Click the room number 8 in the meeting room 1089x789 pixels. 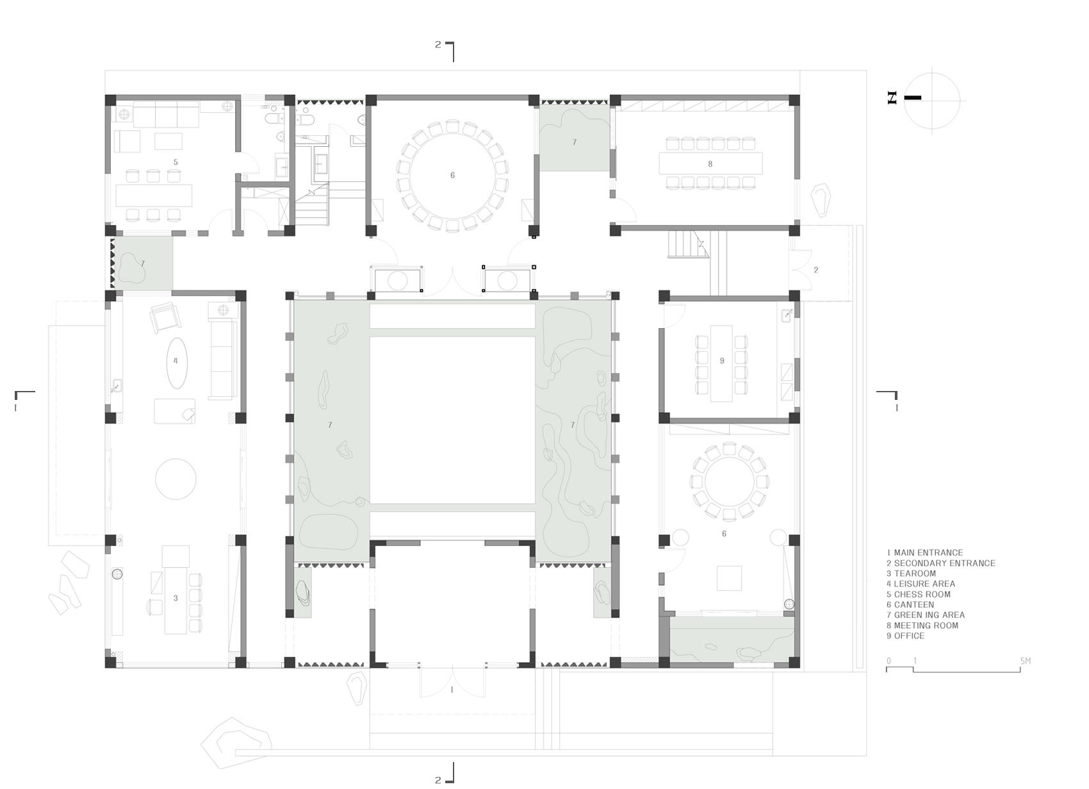[x=710, y=164]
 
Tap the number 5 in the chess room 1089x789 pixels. [x=176, y=162]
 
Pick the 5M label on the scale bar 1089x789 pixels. [x=1025, y=661]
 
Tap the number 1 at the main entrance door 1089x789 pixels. [x=452, y=690]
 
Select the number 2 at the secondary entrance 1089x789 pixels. [x=816, y=270]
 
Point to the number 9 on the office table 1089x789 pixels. [x=722, y=361]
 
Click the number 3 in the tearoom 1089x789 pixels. [x=176, y=598]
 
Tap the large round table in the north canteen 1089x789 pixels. [x=452, y=175]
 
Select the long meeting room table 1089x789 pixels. [x=710, y=163]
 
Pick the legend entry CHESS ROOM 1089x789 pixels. [x=919, y=594]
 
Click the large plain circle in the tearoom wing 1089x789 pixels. [x=176, y=478]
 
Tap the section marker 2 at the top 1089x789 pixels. [x=438, y=45]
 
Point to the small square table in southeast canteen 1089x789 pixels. [x=729, y=577]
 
